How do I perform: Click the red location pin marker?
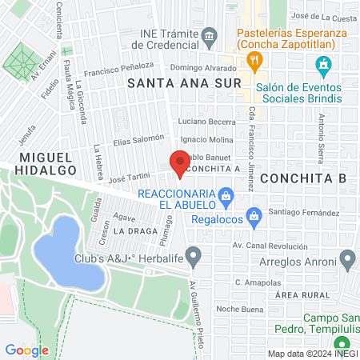click(178, 163)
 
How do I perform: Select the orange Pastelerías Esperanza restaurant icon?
click(254, 58)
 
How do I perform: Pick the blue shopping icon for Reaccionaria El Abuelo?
click(226, 194)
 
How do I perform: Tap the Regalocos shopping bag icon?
click(254, 214)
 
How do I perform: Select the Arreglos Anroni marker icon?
click(347, 258)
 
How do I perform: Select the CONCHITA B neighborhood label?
click(307, 178)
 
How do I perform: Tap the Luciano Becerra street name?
click(206, 121)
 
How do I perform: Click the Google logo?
click(27, 350)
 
